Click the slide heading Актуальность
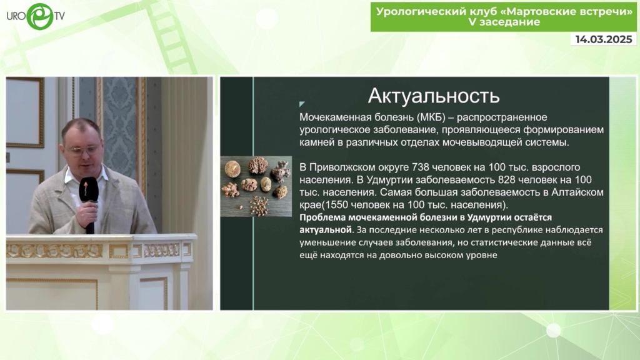pos(434,96)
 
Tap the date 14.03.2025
pos(604,39)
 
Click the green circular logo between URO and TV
pos(39,16)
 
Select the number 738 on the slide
pos(421,167)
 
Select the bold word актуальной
pos(325,230)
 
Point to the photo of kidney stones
pos(256,186)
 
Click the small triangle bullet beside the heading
pos(302,104)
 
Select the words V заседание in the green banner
pos(504,22)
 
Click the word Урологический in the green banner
pos(420,11)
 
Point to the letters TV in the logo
pos(59,16)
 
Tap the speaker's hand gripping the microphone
pos(89,211)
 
